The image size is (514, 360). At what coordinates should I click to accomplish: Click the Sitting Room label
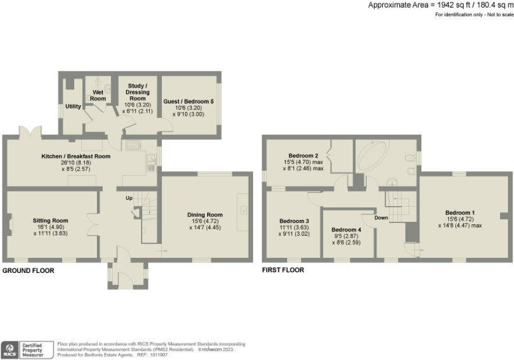(x=50, y=221)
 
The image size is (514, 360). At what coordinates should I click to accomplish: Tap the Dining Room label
(x=205, y=215)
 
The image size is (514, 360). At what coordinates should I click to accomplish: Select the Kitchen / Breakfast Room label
(x=76, y=156)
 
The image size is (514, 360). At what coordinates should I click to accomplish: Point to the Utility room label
(x=73, y=106)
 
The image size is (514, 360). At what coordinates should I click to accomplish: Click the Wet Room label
(x=98, y=95)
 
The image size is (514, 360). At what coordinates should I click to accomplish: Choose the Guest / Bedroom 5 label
(x=189, y=102)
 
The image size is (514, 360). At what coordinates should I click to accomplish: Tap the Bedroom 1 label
(x=460, y=213)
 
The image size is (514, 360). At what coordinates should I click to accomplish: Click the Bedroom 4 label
(x=346, y=230)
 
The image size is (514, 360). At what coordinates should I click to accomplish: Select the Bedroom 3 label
(x=294, y=221)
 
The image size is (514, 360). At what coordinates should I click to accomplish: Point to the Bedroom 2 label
(x=303, y=156)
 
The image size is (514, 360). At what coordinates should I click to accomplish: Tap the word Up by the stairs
(x=129, y=198)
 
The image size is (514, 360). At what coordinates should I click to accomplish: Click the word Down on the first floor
(x=381, y=218)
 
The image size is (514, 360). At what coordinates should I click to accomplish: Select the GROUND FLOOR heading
(x=28, y=271)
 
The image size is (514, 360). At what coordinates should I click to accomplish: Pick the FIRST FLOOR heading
(x=283, y=270)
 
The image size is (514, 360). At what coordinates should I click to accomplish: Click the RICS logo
(x=10, y=350)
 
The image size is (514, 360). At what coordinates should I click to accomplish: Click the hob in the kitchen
(x=133, y=145)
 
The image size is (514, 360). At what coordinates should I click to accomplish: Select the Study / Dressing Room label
(x=137, y=92)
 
